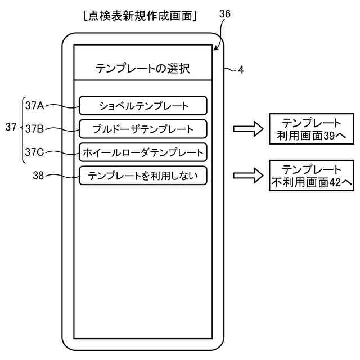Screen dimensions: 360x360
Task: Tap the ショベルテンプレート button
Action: click(143, 105)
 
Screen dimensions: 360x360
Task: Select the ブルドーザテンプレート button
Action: click(143, 129)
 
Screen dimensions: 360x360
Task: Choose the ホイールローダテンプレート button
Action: click(143, 152)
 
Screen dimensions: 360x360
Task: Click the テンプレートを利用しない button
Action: click(143, 175)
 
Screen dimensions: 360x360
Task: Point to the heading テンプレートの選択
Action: click(143, 69)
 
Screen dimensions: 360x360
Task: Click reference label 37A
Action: click(34, 105)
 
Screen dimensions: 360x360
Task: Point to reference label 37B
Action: click(34, 129)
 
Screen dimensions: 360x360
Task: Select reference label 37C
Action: click(34, 152)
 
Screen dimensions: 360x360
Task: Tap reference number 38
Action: click(38, 175)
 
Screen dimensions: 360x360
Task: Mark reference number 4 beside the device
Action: click(241, 70)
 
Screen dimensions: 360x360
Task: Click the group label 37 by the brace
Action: click(11, 128)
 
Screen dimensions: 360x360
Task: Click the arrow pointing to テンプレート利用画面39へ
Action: click(248, 129)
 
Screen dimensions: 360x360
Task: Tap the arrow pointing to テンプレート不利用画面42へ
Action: click(248, 175)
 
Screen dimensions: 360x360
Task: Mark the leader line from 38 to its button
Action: click(62, 176)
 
